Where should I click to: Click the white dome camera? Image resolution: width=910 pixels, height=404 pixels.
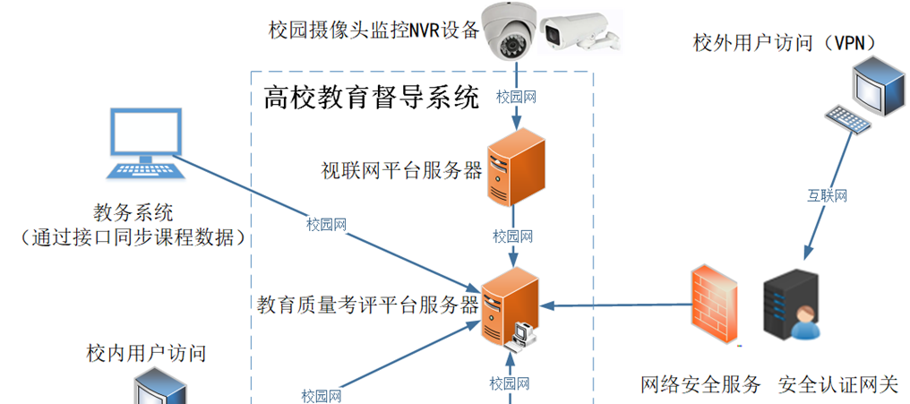(514, 32)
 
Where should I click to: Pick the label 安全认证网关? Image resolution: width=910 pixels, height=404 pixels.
(837, 385)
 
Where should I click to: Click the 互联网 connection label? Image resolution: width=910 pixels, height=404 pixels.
(828, 194)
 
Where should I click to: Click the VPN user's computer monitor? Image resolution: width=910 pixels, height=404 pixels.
(874, 86)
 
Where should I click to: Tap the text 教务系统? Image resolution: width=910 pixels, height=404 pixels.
(133, 213)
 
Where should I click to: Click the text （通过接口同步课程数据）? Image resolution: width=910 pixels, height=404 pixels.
(133, 237)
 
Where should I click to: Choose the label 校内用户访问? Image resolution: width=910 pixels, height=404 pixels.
(146, 353)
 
